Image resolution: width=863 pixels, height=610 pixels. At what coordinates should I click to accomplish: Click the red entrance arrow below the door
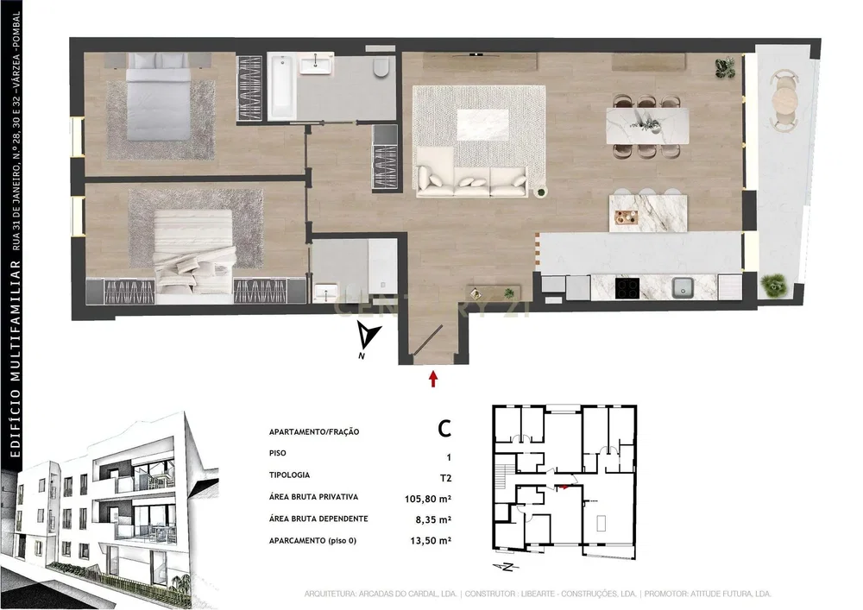433,379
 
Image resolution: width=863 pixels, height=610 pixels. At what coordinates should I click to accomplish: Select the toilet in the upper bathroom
381,67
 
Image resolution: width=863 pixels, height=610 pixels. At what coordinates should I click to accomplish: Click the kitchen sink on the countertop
683,286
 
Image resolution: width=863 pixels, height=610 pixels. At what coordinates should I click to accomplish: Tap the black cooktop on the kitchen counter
627,287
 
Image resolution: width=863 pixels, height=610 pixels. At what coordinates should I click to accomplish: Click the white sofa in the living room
471,181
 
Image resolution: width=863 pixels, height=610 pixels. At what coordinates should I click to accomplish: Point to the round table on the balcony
784,99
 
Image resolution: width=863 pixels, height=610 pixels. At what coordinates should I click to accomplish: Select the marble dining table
647,126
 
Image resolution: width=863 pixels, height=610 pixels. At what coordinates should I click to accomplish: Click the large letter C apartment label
444,429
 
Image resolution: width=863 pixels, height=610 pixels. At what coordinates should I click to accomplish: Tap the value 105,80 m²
428,500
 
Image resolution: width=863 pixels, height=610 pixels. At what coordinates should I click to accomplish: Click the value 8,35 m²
433,519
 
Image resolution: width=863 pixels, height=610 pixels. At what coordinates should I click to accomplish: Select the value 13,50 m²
431,541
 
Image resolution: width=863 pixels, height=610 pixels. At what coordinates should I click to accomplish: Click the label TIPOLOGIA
289,475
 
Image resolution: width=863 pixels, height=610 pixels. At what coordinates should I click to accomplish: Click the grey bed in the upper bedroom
159,97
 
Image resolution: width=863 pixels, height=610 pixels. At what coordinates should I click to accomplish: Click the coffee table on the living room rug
482,125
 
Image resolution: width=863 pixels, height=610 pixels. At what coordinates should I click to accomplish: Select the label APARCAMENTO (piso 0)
312,541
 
